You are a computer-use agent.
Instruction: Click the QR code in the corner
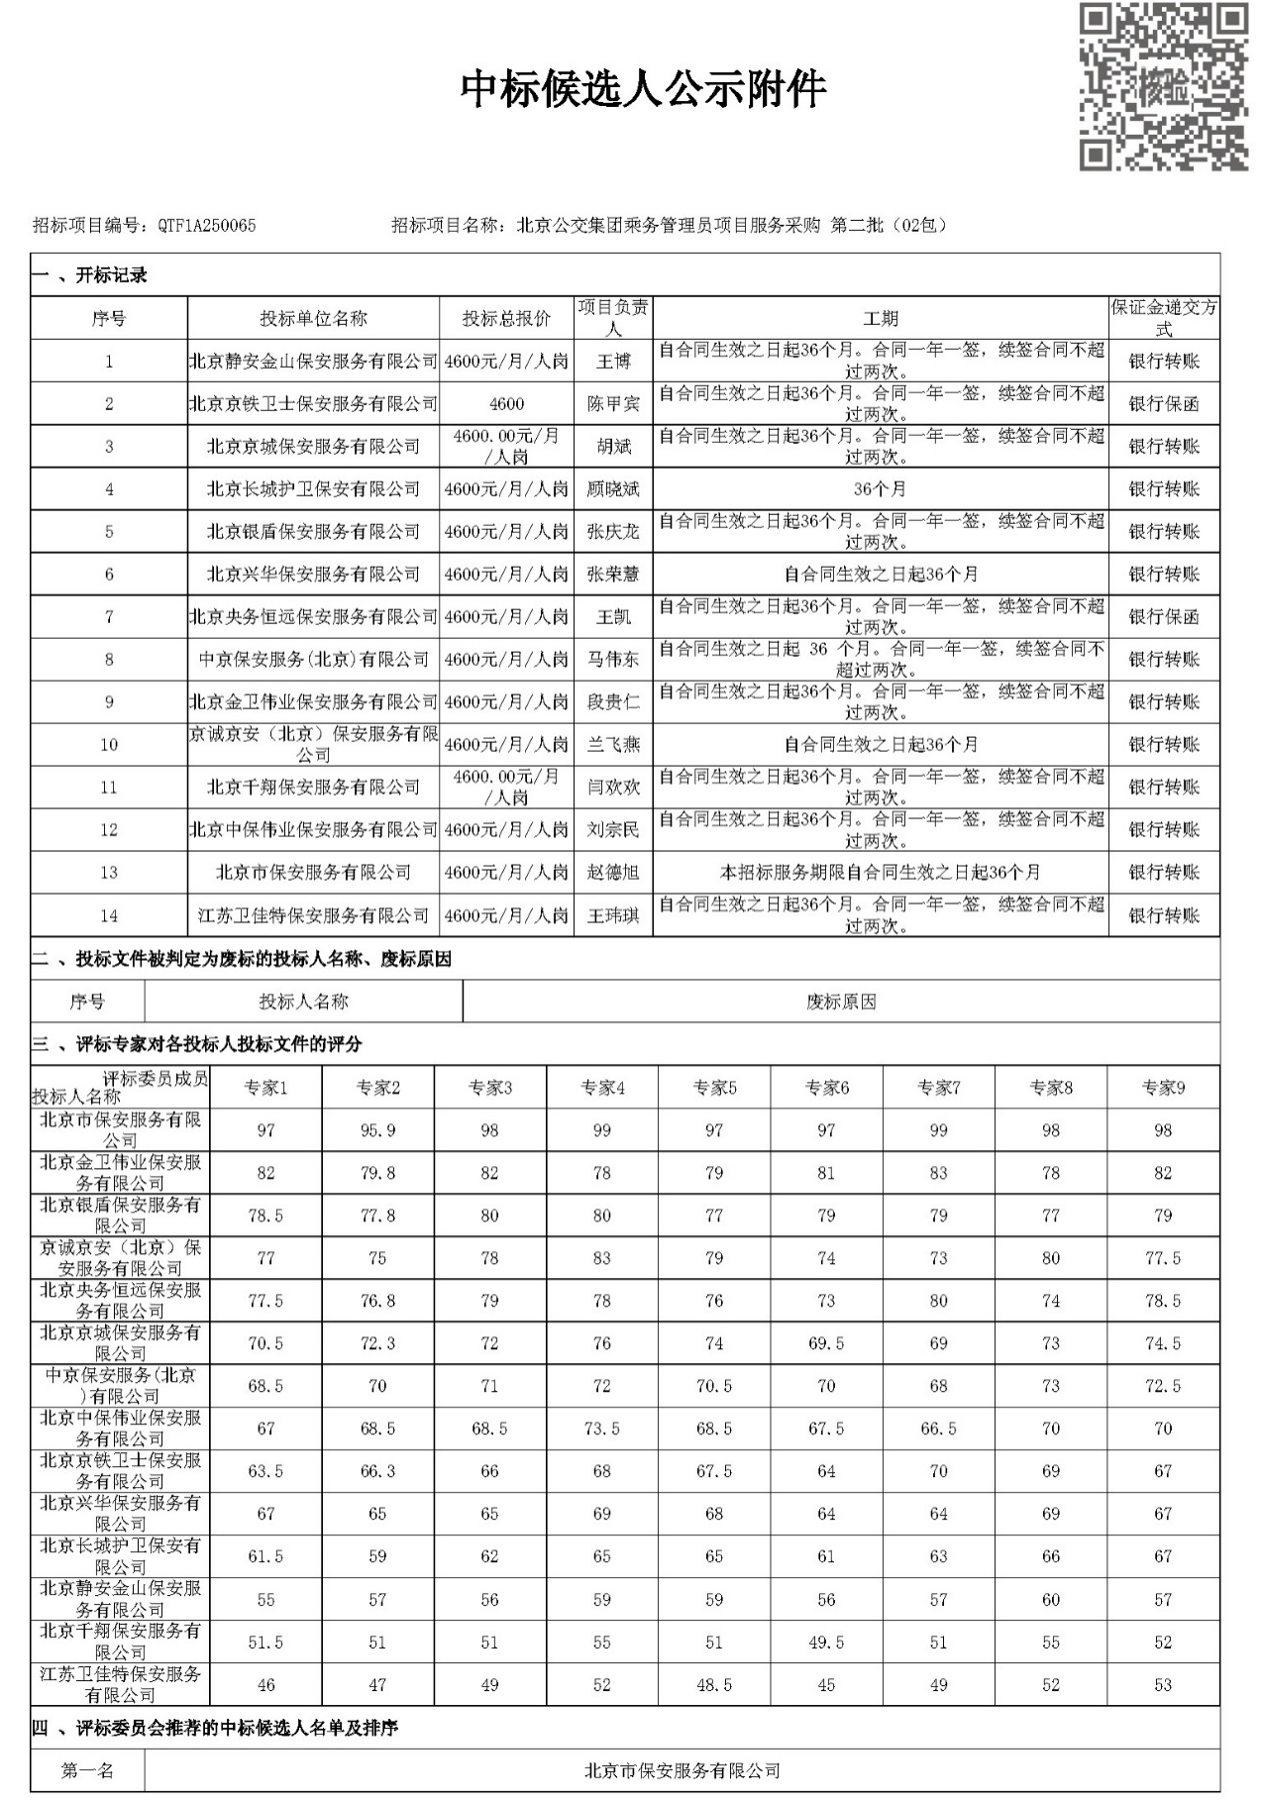tap(1162, 87)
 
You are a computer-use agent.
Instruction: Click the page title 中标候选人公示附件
tap(643, 89)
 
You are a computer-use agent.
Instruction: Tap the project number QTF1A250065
tap(206, 226)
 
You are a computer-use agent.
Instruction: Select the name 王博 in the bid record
tap(613, 362)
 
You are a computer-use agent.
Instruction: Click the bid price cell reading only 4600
tap(506, 404)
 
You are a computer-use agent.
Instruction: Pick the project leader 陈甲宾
tap(613, 404)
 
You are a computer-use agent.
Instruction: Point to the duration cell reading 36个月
tap(880, 489)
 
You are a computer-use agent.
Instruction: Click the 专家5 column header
tap(714, 1088)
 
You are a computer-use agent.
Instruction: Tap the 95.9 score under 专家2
tap(377, 1130)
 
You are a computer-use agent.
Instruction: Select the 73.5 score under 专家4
tap(601, 1429)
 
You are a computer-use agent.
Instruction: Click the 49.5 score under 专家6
tap(826, 1643)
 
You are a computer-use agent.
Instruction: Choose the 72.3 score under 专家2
tap(377, 1343)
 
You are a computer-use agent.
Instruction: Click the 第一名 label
tap(87, 1770)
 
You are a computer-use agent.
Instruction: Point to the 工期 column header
tap(880, 318)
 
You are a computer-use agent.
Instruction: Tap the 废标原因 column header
tap(840, 1002)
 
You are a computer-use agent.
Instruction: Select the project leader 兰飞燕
tap(613, 745)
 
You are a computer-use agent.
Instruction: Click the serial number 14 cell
tap(109, 915)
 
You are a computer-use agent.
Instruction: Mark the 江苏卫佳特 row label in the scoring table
tap(120, 1684)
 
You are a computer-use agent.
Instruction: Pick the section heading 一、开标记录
tap(89, 275)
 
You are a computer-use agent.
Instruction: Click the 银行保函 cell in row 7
tap(1163, 617)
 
